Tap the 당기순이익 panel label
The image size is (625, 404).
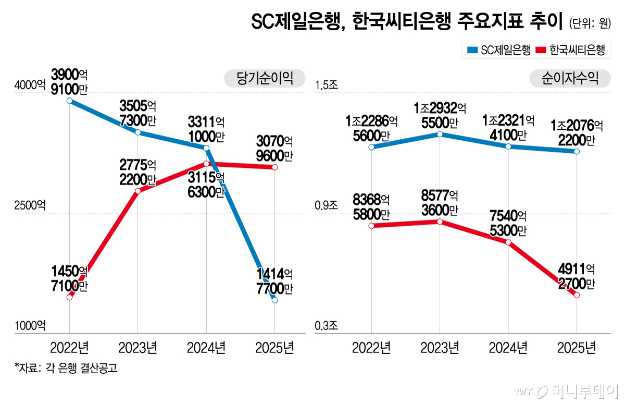tap(264, 78)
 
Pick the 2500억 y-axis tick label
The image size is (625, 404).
tap(30, 205)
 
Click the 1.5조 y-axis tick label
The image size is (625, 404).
tap(326, 85)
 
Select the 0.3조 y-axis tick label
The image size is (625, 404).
tap(326, 326)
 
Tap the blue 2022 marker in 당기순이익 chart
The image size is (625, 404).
tap(69, 101)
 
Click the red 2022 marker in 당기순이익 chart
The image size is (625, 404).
tap(69, 297)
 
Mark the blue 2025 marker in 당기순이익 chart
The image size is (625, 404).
tap(274, 300)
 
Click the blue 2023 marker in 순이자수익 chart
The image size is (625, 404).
tap(440, 134)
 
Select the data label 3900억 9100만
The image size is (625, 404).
tap(69, 82)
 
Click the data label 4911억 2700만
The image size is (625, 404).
tap(576, 276)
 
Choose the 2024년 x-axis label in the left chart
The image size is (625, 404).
tap(206, 347)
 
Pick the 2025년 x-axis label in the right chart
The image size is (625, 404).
tap(577, 347)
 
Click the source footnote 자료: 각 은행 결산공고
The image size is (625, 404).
tap(66, 369)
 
